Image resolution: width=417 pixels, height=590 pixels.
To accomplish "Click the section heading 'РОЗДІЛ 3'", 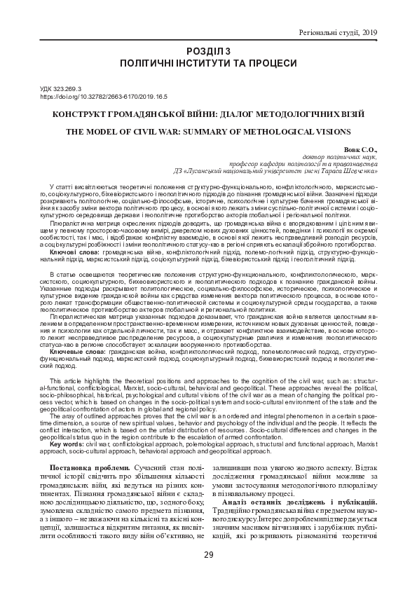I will [x=208, y=51].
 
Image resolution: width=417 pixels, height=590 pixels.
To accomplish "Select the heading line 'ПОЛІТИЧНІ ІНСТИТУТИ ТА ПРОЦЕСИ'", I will [x=208, y=63].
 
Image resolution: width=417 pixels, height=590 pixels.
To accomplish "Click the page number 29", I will [x=208, y=556].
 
